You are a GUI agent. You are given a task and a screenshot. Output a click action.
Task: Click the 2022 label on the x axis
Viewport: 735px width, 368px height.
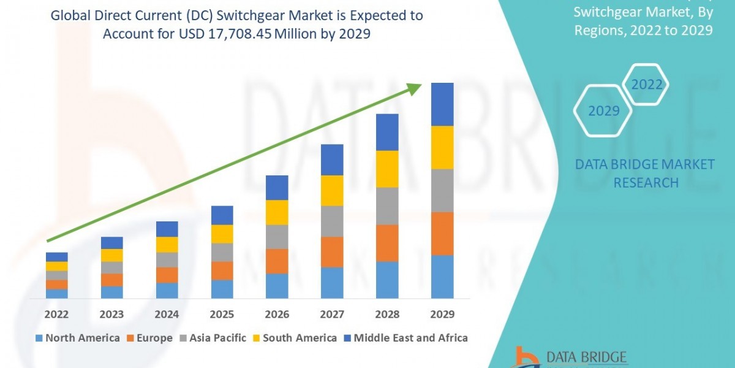pyautogui.click(x=57, y=315)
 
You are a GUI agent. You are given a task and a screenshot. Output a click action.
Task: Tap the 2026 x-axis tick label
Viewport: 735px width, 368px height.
pyautogui.click(x=277, y=315)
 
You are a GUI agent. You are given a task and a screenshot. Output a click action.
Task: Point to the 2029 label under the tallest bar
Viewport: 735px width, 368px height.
pyautogui.click(x=442, y=315)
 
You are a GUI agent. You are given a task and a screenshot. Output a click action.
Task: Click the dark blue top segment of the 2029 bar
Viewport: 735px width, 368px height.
pyautogui.click(x=442, y=104)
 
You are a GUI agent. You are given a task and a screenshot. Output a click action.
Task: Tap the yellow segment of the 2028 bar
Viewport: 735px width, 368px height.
pyautogui.click(x=387, y=169)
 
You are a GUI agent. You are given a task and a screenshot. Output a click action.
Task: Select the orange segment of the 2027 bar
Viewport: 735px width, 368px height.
pyautogui.click(x=332, y=251)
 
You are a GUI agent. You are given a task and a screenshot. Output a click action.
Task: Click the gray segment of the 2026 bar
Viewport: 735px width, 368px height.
pyautogui.click(x=277, y=236)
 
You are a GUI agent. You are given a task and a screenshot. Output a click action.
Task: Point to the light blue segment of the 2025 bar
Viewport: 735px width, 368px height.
pyautogui.click(x=222, y=289)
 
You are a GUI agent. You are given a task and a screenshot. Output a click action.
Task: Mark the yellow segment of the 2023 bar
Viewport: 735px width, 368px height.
pyautogui.click(x=112, y=255)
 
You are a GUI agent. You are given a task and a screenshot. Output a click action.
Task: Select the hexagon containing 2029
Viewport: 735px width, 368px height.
pyautogui.click(x=604, y=111)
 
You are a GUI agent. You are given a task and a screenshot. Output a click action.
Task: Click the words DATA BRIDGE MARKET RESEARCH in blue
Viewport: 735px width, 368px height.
pyautogui.click(x=645, y=173)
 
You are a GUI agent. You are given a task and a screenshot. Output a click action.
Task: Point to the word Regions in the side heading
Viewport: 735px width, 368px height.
pyautogui.click(x=598, y=30)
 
